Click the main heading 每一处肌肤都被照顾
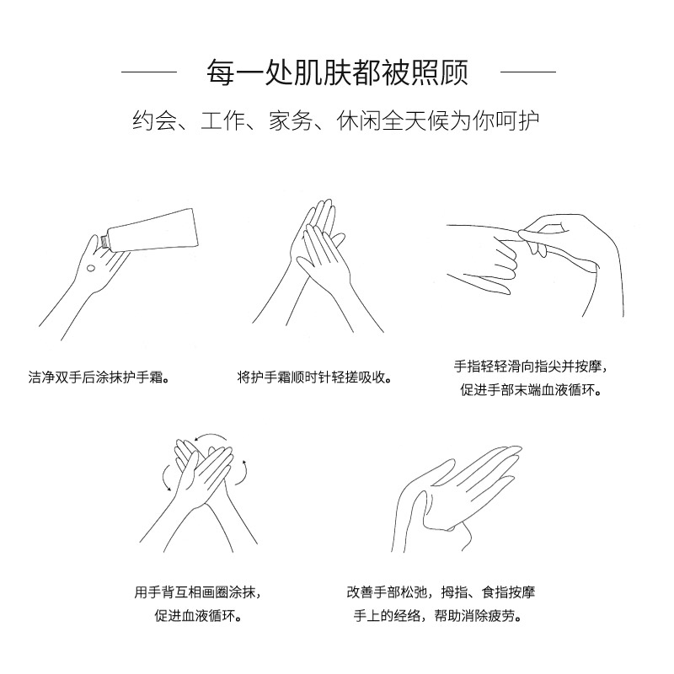coord(338,72)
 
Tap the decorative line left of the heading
coord(149,72)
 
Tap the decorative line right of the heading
coord(528,72)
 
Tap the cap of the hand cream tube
coord(104,242)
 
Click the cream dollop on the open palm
coord(91,269)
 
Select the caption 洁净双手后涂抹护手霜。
coord(99,377)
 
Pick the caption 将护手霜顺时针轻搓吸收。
coord(314,377)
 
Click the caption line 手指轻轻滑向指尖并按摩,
coord(531,366)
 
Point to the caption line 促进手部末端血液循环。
coord(531,390)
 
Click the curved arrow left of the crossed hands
coord(165,477)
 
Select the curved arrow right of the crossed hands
coord(243,473)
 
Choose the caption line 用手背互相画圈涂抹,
coord(197,592)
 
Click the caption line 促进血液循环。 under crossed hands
coord(198,616)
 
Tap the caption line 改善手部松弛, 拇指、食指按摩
coord(441,592)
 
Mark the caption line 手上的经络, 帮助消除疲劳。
coord(438,616)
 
